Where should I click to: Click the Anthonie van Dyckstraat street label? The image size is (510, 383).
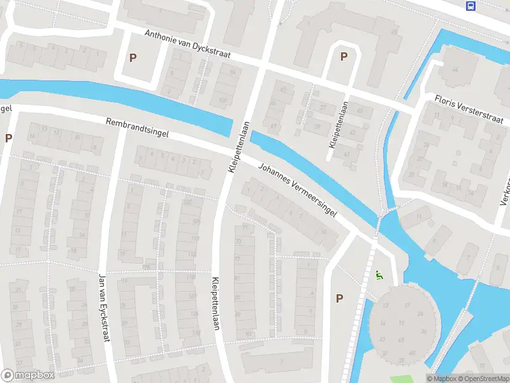[x=187, y=45]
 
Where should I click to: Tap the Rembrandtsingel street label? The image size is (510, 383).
[x=137, y=126]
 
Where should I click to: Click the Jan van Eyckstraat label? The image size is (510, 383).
[x=103, y=307]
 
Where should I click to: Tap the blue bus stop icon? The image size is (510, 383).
[x=470, y=6]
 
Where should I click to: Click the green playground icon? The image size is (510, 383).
[x=379, y=276]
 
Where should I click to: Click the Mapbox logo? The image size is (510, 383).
[x=28, y=375]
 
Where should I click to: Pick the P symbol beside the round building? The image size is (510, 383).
[x=339, y=298]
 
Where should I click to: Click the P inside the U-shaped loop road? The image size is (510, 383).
[x=344, y=57]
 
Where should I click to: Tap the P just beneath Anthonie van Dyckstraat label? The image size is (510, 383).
[x=133, y=58]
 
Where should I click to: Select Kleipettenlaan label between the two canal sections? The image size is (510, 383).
[x=237, y=146]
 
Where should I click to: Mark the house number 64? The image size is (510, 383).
[x=455, y=69]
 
